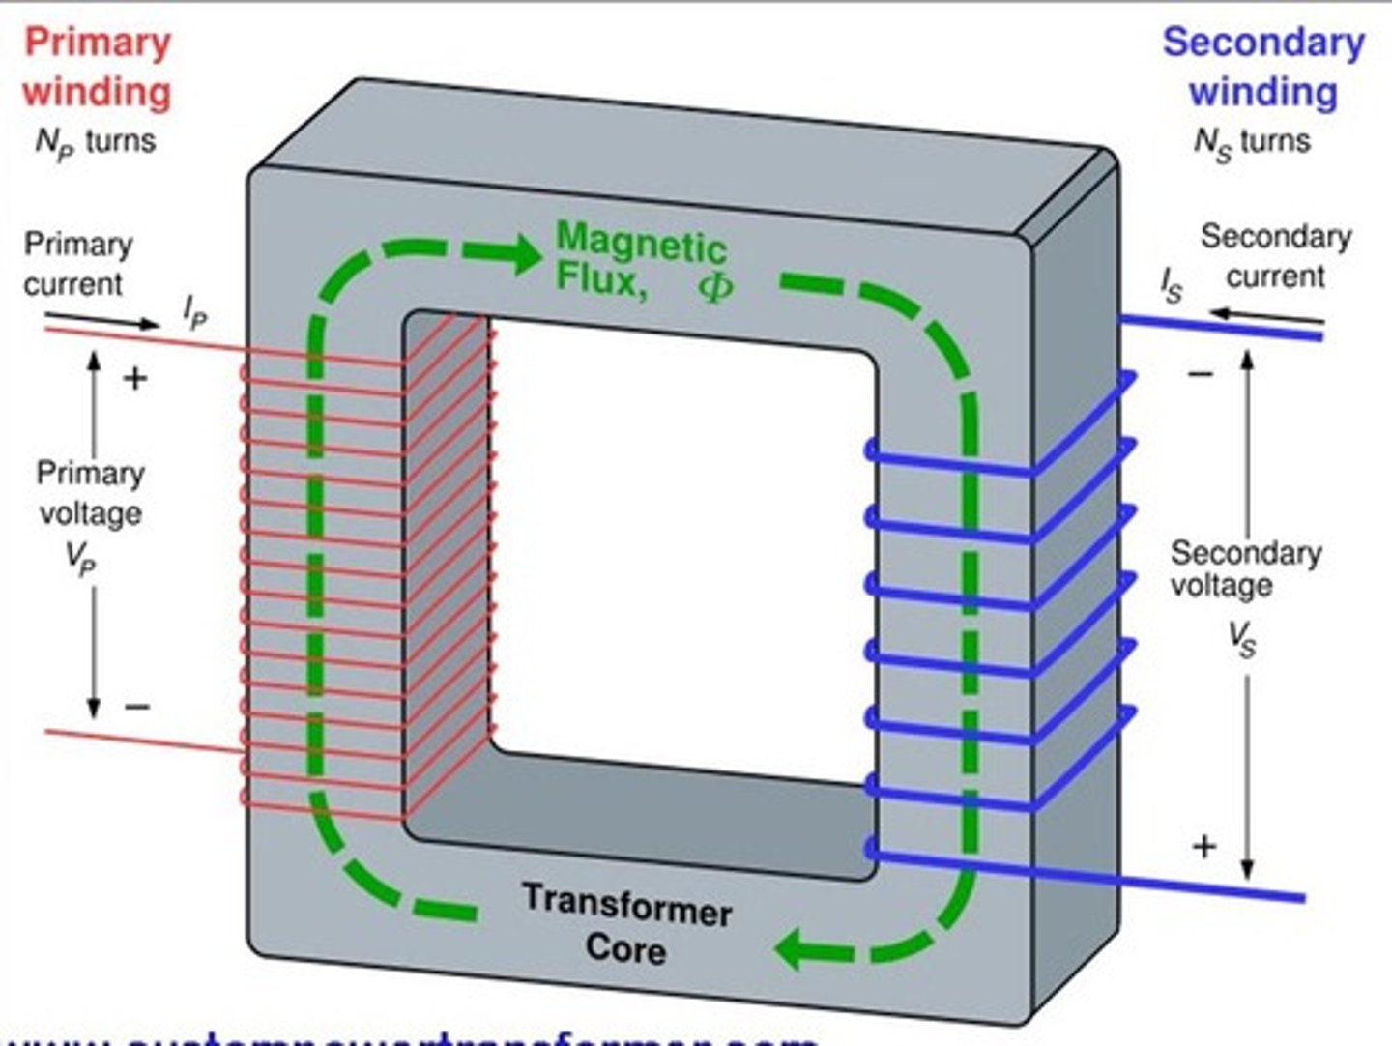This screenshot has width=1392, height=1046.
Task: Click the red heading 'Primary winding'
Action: point(97,68)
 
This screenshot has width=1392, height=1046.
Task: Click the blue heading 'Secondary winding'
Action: point(1262,68)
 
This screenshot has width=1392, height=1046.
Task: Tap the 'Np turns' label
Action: point(95,143)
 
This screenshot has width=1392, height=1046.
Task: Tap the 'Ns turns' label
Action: point(1252,143)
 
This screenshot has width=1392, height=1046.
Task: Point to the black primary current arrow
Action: point(101,321)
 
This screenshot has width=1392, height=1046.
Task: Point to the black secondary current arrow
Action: point(1266,315)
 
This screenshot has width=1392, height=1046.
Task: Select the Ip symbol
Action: point(194,312)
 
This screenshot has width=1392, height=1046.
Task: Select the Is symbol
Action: point(1172,286)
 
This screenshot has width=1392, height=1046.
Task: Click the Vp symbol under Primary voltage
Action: point(81,559)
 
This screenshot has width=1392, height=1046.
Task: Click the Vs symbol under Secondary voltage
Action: point(1242,639)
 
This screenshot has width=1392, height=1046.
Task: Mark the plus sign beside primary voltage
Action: point(135,378)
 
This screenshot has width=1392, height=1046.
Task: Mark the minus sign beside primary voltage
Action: point(137,707)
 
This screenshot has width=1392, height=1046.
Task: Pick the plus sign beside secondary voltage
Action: point(1203,847)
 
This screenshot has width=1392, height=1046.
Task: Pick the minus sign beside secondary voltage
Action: point(1200,374)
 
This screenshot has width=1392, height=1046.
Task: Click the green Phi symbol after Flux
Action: point(715,286)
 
